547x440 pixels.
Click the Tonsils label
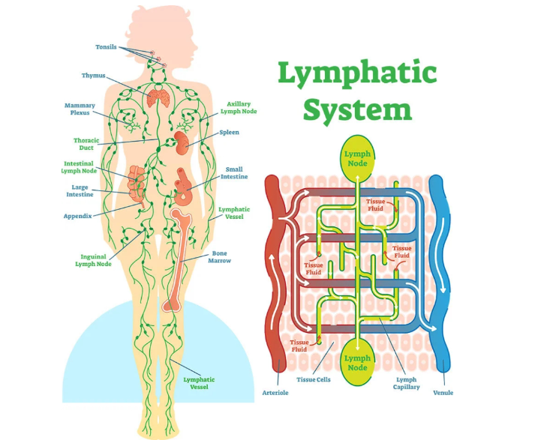pyautogui.click(x=106, y=47)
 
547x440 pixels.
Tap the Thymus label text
pyautogui.click(x=94, y=76)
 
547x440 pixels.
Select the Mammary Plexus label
pyautogui.click(x=80, y=109)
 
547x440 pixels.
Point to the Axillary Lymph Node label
pyautogui.click(x=238, y=108)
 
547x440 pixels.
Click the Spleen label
pyautogui.click(x=229, y=133)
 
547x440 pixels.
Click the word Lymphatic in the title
pyautogui.click(x=356, y=74)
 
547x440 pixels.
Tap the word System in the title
pyautogui.click(x=357, y=109)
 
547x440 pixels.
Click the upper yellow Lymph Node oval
pyautogui.click(x=357, y=158)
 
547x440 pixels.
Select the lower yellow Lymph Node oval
pyautogui.click(x=357, y=363)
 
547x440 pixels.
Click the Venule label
pyautogui.click(x=443, y=392)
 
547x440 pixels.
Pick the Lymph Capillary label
pyautogui.click(x=407, y=384)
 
